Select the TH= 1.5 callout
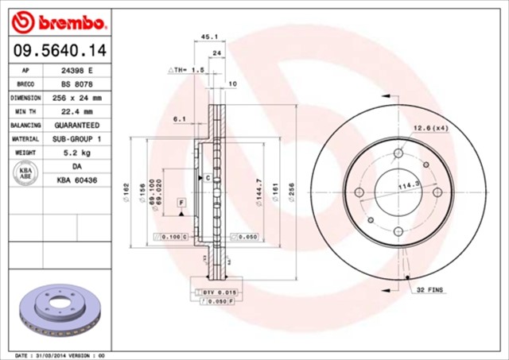[188, 70]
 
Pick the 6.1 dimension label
[179, 119]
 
